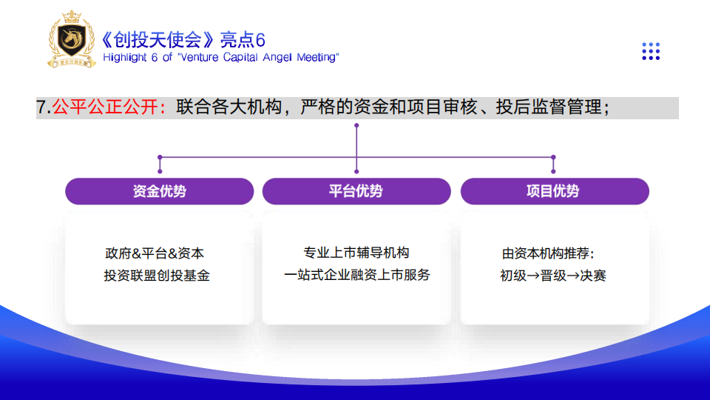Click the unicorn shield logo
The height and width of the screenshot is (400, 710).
pyautogui.click(x=72, y=39)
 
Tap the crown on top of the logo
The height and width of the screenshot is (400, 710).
pyautogui.click(x=72, y=17)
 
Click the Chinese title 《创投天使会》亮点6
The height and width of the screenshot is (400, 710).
pyautogui.click(x=183, y=40)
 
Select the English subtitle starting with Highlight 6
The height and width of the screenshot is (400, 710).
pyautogui.click(x=220, y=57)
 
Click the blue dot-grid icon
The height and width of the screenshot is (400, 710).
pyautogui.click(x=651, y=51)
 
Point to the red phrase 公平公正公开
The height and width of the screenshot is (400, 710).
pyautogui.click(x=106, y=107)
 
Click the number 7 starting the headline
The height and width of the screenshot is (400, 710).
pyautogui.click(x=41, y=107)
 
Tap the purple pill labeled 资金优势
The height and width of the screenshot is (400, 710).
pyautogui.click(x=160, y=191)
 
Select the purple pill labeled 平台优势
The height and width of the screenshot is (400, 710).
pyautogui.click(x=356, y=191)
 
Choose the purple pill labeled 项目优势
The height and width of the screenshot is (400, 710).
pyautogui.click(x=555, y=191)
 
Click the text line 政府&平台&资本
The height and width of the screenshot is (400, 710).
pyautogui.click(x=155, y=253)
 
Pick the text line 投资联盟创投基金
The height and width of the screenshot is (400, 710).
pyautogui.click(x=157, y=276)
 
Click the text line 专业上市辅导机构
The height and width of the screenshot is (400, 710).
pyautogui.click(x=356, y=252)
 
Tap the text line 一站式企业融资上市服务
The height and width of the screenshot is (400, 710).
pyautogui.click(x=356, y=274)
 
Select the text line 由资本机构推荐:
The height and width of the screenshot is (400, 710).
pyautogui.click(x=547, y=253)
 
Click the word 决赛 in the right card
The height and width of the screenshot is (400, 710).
pyautogui.click(x=592, y=276)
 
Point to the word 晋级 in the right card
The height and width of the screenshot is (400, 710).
pyautogui.click(x=553, y=276)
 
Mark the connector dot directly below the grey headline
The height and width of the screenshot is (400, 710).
pyautogui.click(x=356, y=125)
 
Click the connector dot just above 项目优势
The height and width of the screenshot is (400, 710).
pyautogui.click(x=553, y=172)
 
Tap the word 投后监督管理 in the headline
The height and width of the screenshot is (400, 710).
pyautogui.click(x=549, y=107)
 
